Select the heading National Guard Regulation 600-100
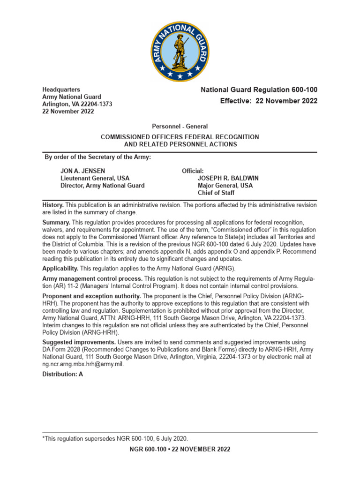pyautogui.click(x=259, y=90)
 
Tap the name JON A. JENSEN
pyautogui.click(x=82, y=171)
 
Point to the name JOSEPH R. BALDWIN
pyautogui.click(x=228, y=179)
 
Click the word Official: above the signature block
pyautogui.click(x=193, y=171)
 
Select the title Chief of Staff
pyautogui.click(x=216, y=193)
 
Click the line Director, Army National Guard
pyautogui.click(x=102, y=186)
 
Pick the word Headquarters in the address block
pyautogui.click(x=61, y=90)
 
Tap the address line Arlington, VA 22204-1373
pyautogui.click(x=77, y=104)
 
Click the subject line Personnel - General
pyautogui.click(x=180, y=127)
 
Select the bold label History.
pyautogui.click(x=52, y=205)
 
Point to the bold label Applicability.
pyautogui.click(x=60, y=269)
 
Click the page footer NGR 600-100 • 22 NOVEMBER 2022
pyautogui.click(x=180, y=449)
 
